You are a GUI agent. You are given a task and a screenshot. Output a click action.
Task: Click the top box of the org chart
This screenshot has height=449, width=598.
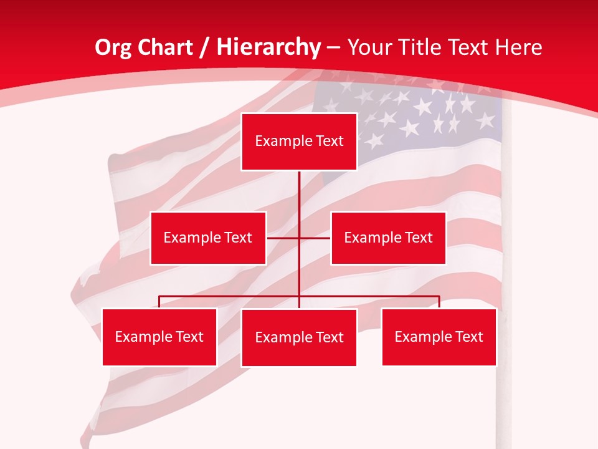[299, 142]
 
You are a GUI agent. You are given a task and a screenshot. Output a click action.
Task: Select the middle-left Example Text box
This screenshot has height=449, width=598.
[208, 238]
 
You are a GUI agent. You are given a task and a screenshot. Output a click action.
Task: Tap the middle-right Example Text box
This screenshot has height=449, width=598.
[388, 238]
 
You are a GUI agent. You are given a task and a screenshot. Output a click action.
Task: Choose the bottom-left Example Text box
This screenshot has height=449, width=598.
[159, 337]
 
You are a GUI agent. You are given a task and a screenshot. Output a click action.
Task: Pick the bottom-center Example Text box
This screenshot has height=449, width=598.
[299, 337]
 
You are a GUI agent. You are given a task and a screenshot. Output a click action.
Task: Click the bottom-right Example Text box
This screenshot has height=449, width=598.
[439, 337]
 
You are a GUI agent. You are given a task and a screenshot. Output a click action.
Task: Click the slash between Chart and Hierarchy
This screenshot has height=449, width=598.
[204, 47]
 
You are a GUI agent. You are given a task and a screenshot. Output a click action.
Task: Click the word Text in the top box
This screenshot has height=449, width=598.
[330, 142]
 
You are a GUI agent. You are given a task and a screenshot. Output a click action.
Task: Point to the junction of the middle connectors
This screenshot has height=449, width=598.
[299, 238]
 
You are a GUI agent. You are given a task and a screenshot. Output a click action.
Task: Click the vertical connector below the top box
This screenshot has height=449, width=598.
[299, 193]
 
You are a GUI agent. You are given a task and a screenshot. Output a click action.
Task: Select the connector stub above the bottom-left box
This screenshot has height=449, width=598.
[159, 302]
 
